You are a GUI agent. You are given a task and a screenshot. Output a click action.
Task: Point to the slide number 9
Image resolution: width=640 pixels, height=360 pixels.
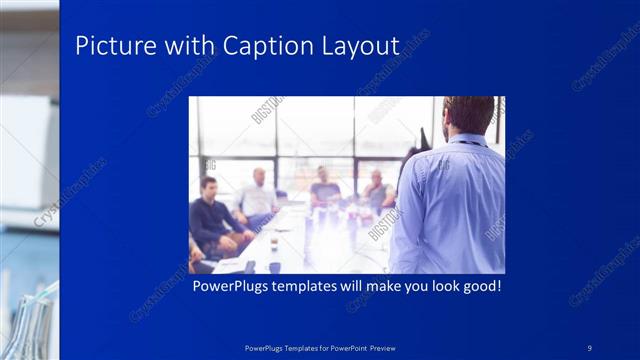coord(590,347)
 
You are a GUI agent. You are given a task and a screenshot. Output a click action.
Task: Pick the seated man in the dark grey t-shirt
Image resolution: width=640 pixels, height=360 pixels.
coord(324,190)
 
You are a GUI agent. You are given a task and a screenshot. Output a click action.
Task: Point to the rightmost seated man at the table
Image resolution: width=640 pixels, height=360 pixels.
coord(377,191)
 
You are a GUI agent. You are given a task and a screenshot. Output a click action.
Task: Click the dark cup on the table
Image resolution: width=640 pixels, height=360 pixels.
coord(273,244)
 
